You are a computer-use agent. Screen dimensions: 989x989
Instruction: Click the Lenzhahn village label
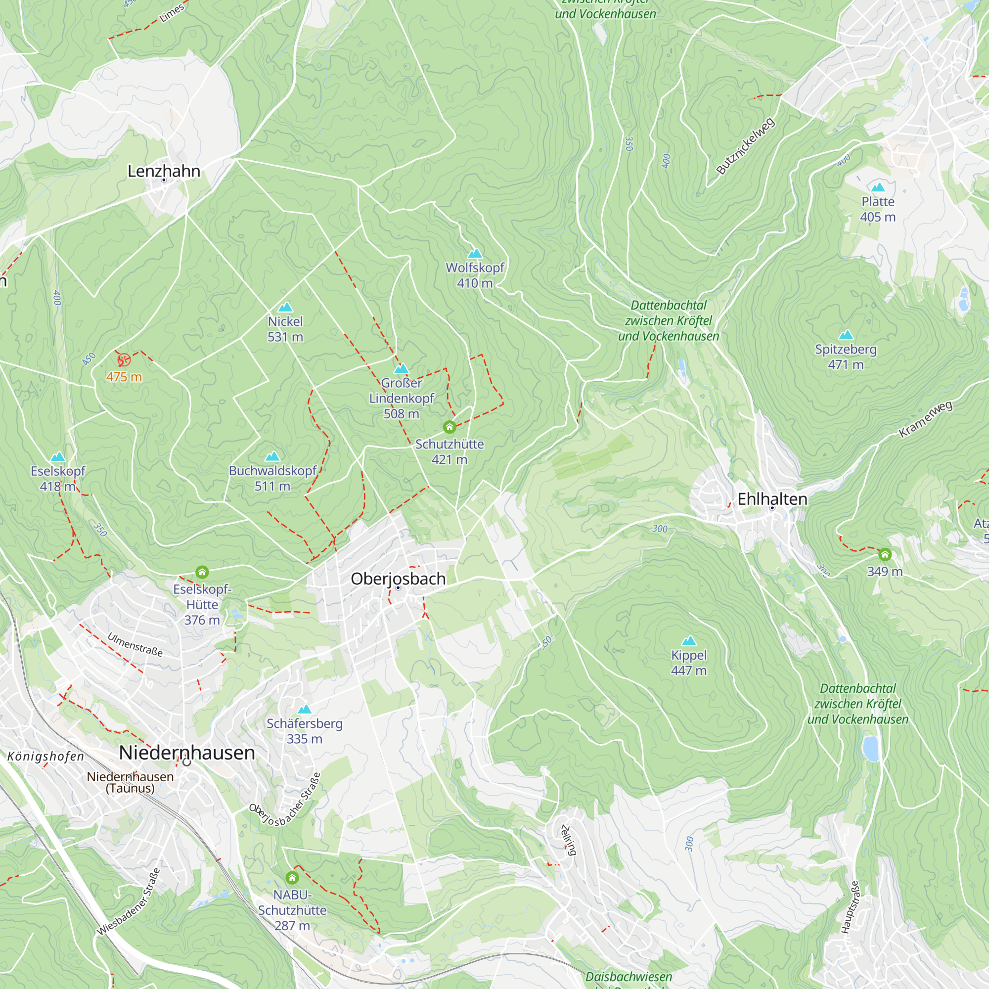163,171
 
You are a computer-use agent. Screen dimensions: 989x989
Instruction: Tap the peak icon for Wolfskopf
475,253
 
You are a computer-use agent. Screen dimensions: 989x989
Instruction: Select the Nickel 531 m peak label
285,329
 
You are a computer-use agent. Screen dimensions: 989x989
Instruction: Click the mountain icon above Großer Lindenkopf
402,368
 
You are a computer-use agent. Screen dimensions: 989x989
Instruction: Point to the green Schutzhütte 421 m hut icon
450,427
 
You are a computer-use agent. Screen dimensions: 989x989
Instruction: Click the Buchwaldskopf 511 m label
272,478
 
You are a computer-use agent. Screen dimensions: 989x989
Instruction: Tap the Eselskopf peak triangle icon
58,456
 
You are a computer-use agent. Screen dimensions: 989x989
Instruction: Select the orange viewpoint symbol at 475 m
124,360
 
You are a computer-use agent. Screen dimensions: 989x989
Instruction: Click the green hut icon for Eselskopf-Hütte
202,572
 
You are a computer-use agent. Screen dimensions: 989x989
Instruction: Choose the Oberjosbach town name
398,579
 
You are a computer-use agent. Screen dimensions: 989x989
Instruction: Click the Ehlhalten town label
772,498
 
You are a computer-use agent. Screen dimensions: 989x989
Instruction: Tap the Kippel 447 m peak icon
689,641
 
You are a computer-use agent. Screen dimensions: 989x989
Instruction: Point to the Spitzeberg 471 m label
846,357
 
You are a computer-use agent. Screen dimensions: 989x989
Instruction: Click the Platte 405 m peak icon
878,187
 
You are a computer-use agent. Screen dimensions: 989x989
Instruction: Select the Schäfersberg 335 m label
304,731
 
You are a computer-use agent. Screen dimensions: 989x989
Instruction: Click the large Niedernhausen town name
187,753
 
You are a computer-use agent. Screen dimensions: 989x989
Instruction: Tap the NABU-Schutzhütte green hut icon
292,878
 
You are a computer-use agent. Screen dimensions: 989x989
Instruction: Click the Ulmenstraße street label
135,644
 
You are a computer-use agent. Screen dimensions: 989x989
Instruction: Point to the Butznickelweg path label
745,146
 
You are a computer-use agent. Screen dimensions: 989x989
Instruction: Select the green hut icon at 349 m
885,554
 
